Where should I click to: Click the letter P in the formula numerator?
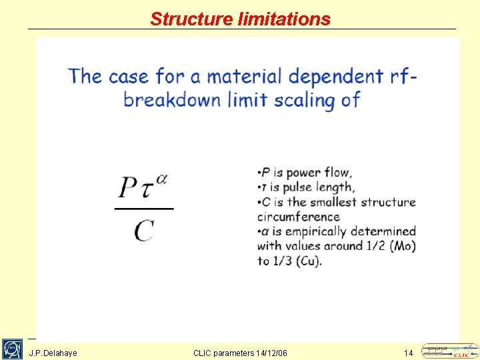tap(127, 187)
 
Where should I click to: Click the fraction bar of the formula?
tap(143, 209)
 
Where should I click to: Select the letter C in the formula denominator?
tap(143, 231)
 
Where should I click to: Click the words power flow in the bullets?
tap(319, 173)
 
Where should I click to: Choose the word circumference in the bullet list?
tap(298, 217)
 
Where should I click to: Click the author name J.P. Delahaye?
tap(53, 353)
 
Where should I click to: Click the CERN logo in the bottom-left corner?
tap(12, 349)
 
